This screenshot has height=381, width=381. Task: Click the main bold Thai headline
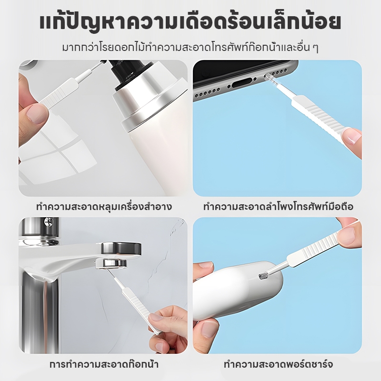[190, 22]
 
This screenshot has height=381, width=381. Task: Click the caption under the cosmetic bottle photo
[104, 207]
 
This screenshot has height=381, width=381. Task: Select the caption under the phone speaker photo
[278, 207]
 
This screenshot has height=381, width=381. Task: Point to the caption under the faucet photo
[104, 364]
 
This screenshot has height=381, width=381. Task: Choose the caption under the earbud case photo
[278, 364]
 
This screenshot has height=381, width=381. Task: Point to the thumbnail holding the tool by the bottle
[37, 113]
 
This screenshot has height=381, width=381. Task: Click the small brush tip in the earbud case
[263, 276]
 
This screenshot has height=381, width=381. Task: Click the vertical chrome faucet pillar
[39, 313]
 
